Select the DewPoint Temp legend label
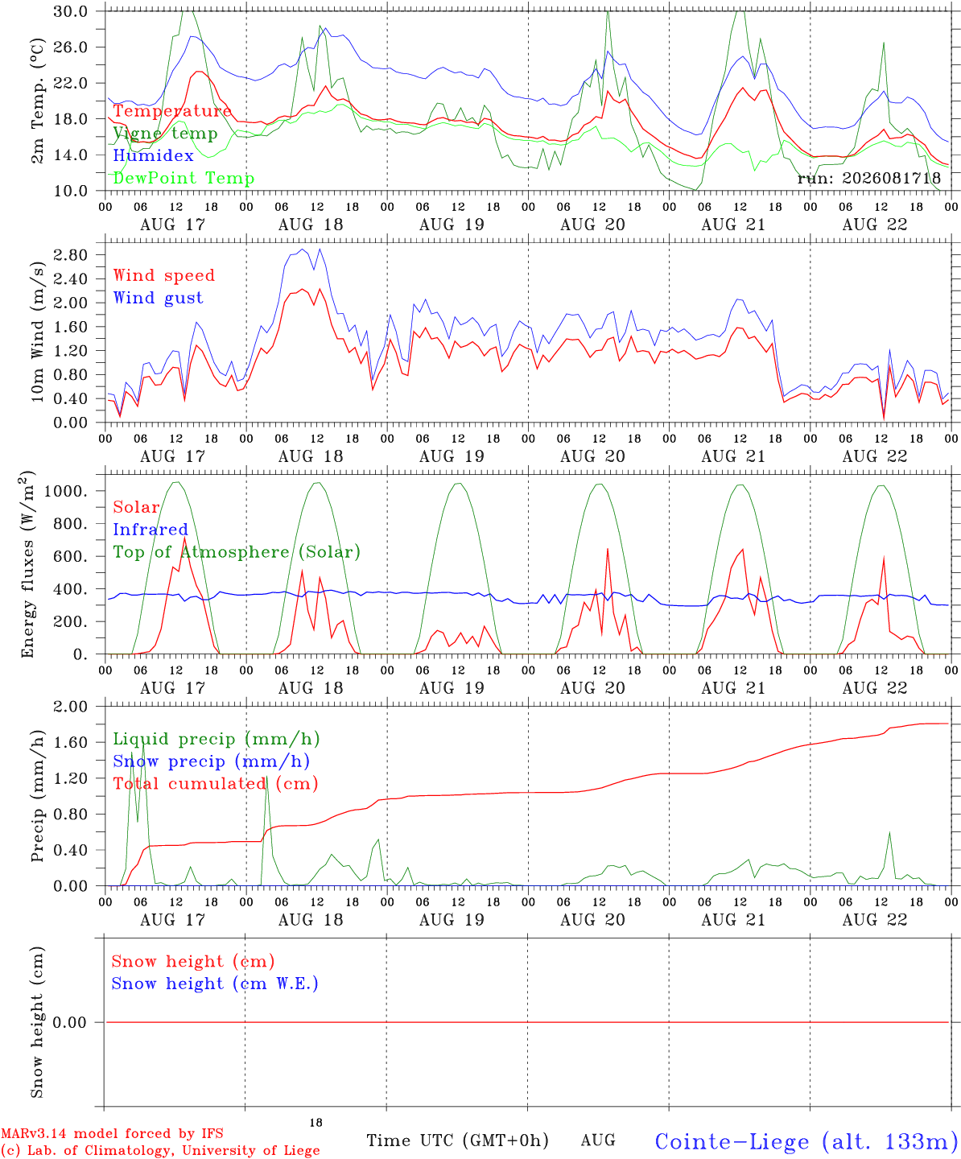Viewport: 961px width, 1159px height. (x=184, y=178)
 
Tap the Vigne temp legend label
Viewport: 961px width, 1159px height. (x=165, y=134)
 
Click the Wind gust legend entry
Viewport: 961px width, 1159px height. (x=159, y=298)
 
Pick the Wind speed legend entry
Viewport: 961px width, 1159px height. (x=163, y=275)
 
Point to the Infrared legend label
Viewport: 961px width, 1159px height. (x=151, y=529)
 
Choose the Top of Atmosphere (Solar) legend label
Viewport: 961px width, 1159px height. (x=237, y=552)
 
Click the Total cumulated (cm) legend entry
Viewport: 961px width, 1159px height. (x=216, y=783)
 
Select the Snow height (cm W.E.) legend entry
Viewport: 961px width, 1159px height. (x=215, y=984)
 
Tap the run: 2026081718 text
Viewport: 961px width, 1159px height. (x=869, y=178)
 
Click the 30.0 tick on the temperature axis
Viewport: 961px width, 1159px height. (x=71, y=11)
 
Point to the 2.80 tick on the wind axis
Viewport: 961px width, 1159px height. (x=71, y=255)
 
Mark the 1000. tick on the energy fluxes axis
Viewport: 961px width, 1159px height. (x=65, y=491)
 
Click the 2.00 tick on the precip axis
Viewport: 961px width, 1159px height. (x=71, y=707)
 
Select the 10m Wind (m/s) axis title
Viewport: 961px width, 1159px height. (x=37, y=332)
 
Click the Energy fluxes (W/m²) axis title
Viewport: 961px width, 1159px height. (x=27, y=564)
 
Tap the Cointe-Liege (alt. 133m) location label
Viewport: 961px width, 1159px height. (x=807, y=1137)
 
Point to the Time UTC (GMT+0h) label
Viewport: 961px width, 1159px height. (x=457, y=1136)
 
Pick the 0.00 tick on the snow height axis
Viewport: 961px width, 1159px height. (x=69, y=1022)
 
